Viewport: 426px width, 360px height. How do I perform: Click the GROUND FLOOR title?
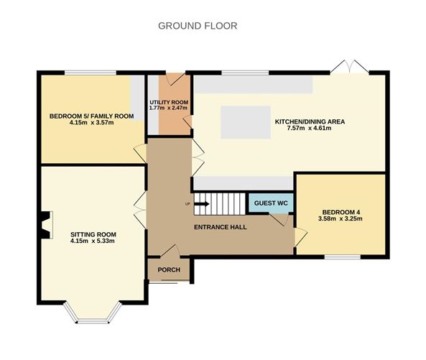[x=198, y=26]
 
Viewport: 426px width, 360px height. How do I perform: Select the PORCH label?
[x=165, y=270]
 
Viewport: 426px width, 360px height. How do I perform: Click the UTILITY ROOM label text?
[x=169, y=103]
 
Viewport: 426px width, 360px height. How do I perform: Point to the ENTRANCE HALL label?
[x=221, y=227]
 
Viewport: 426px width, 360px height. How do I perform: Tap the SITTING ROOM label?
[x=93, y=234]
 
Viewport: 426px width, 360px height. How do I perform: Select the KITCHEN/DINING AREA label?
[x=310, y=122]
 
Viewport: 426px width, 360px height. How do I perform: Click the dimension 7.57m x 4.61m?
[x=310, y=129]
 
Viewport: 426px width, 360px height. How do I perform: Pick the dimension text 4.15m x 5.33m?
[x=93, y=241]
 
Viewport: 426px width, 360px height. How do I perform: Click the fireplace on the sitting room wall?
[x=46, y=224]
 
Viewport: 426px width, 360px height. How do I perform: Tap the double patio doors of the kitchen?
[x=353, y=67]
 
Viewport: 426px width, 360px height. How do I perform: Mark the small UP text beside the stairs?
[x=188, y=204]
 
